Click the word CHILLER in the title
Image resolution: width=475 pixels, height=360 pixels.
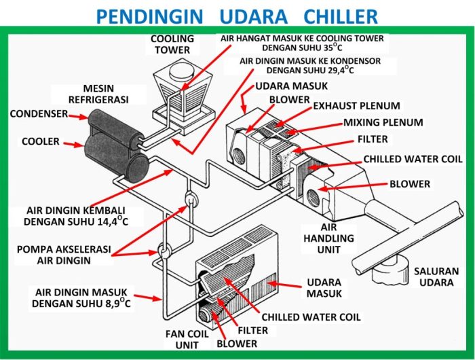pyautogui.click(x=330, y=15)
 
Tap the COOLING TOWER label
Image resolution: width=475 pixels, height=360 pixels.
pyautogui.click(x=172, y=44)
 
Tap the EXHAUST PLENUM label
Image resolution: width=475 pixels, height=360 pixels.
pyautogui.click(x=356, y=106)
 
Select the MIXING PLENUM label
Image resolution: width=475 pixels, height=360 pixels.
pyautogui.click(x=383, y=123)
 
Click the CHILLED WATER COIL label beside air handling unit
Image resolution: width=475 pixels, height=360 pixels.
pyautogui.click(x=413, y=159)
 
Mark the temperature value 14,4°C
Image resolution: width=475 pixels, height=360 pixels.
pyautogui.click(x=110, y=221)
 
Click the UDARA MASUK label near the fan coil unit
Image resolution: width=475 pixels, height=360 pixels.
pyautogui.click(x=324, y=287)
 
